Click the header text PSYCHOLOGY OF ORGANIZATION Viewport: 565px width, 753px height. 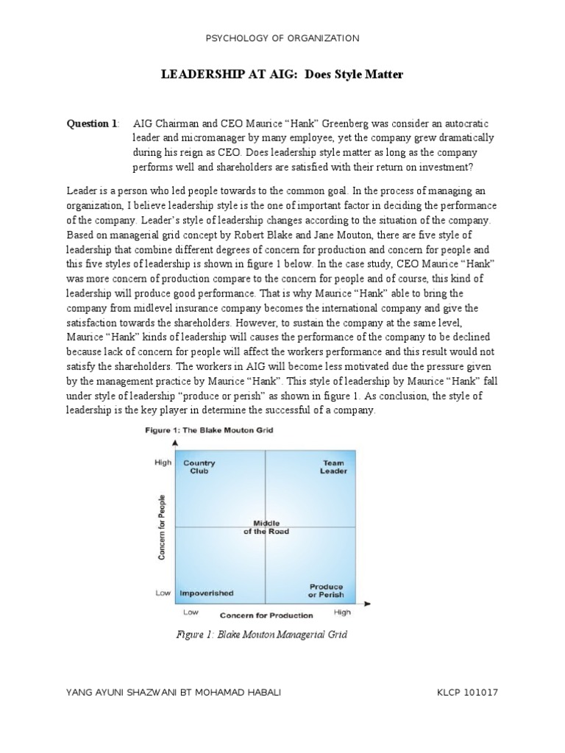pos(282,38)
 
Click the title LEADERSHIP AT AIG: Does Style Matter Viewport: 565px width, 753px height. pos(282,74)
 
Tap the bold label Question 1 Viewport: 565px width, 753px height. pos(93,124)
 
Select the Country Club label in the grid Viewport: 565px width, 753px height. pos(199,467)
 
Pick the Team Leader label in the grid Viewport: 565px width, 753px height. pos(333,467)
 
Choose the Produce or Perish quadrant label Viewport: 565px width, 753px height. pos(326,590)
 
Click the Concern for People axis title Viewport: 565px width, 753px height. pos(162,527)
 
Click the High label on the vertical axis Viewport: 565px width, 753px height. pos(163,463)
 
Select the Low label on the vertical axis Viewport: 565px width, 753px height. pos(163,593)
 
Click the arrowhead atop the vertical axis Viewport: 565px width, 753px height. pos(175,443)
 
